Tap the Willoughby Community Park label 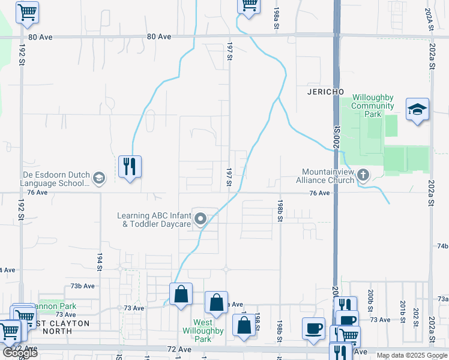(x=373, y=106)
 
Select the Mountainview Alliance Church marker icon (x=363, y=175)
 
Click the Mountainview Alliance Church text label (x=328, y=175)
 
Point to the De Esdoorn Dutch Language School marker (x=98, y=178)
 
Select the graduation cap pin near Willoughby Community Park (x=417, y=110)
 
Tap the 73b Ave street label (x=83, y=286)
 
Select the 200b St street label (x=371, y=298)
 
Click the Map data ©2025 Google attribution (x=412, y=355)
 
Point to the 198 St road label (x=257, y=322)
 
